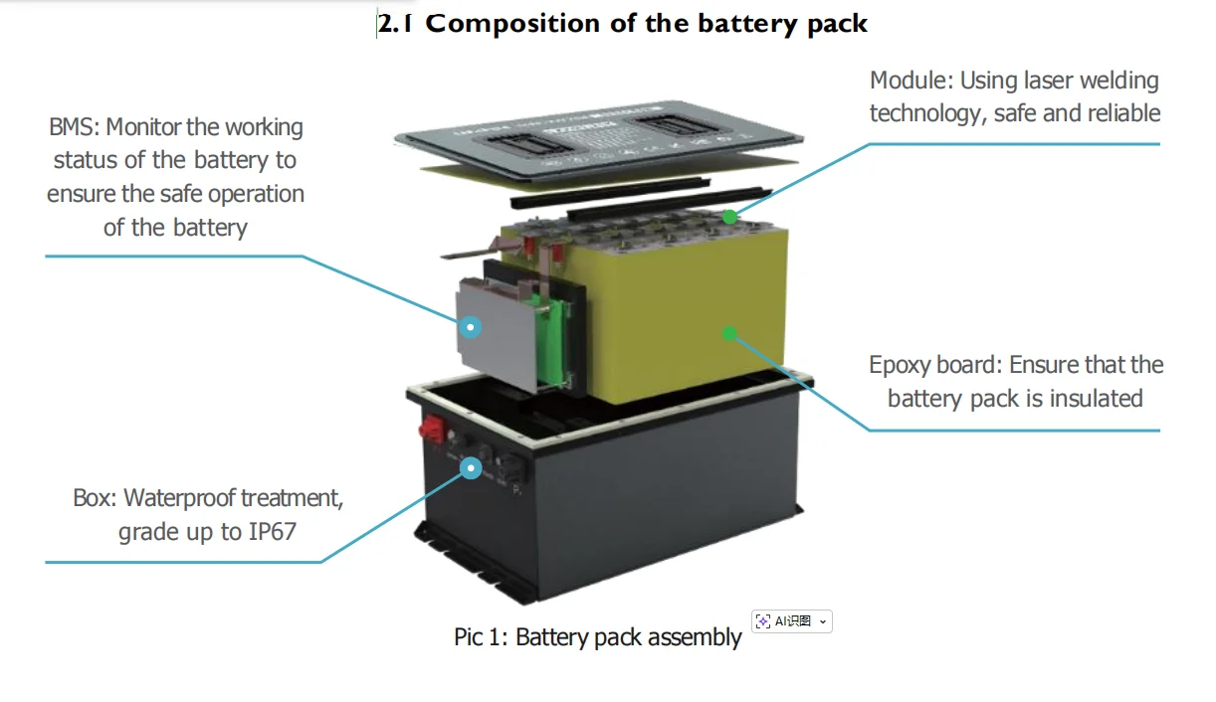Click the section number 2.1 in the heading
coord(396,24)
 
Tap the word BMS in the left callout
coord(74,127)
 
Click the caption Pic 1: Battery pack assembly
coord(597,637)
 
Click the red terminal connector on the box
coord(434,431)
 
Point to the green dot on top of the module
coord(730,216)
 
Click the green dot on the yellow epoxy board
coord(729,333)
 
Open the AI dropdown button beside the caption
coord(792,621)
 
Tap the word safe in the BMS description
coord(177,194)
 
